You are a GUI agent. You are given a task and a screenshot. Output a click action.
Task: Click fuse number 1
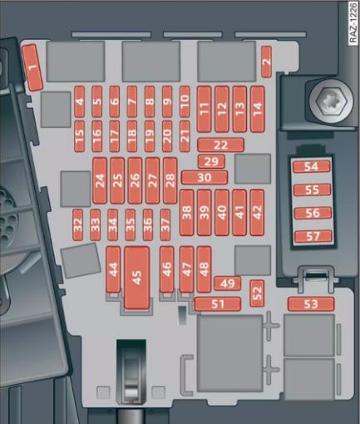point(32,68)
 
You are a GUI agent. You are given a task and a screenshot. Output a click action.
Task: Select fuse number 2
point(267,62)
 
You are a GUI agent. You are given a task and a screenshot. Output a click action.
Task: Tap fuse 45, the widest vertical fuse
point(137,278)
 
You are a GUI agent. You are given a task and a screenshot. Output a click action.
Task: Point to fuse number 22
point(221,145)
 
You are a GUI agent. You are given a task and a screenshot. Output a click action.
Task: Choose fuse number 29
point(211,161)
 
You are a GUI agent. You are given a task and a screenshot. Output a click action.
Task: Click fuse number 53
point(311,304)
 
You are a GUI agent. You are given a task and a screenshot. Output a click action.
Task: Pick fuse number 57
point(313,236)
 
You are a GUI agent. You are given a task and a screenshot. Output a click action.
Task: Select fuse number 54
point(312,167)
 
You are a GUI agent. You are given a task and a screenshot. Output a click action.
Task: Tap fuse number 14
point(258,109)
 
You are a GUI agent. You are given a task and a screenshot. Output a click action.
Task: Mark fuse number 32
point(78,224)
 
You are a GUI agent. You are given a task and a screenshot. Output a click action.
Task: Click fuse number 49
point(228,283)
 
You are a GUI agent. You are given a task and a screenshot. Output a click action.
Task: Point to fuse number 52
point(257,293)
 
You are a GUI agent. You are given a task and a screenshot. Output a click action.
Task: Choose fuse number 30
point(205,177)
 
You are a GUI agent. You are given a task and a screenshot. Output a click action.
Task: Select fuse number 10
point(185,101)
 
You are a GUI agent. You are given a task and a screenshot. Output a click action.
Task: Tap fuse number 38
point(187,213)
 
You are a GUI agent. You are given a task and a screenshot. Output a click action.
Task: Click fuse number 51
point(218,304)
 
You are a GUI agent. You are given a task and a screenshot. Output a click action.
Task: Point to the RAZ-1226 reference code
point(353,23)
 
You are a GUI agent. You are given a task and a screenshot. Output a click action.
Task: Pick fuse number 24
point(100,180)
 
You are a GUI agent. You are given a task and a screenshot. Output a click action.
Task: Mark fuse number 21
point(185,136)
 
